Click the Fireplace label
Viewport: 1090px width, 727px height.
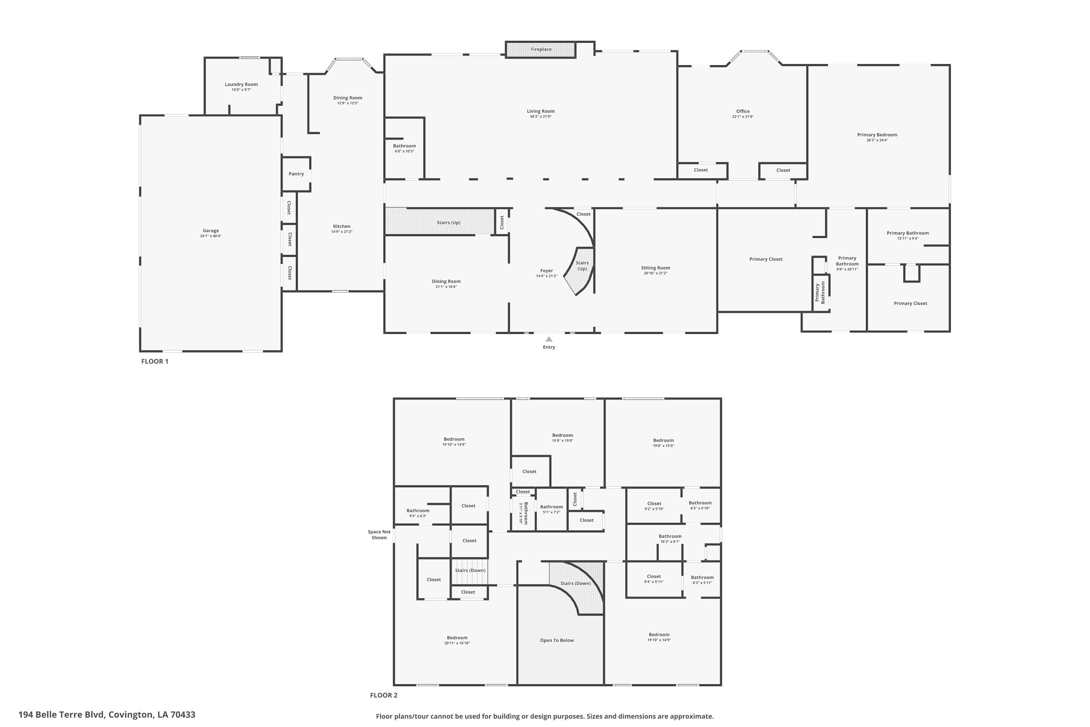(x=541, y=49)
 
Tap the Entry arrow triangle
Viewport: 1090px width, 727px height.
(x=549, y=339)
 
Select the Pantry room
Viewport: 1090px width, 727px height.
(x=296, y=174)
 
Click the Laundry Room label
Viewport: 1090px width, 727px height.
(x=241, y=84)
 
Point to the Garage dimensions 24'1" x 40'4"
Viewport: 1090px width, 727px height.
(x=211, y=236)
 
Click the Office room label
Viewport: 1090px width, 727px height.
(x=743, y=111)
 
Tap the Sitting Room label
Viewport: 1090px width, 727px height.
(x=655, y=268)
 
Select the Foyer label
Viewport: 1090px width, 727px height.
(x=546, y=271)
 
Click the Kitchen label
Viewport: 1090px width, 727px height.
(x=342, y=226)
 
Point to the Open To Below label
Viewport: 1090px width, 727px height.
(x=557, y=640)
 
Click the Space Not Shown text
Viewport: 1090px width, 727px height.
(x=379, y=535)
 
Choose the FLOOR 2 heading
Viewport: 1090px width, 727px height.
(x=384, y=695)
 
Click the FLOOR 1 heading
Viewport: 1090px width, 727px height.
(x=155, y=361)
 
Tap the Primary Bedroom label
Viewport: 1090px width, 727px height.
(x=877, y=135)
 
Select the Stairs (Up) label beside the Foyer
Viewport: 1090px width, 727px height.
(x=582, y=266)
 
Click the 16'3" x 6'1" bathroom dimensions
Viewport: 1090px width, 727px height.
(x=670, y=542)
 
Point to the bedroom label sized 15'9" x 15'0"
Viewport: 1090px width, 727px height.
(x=562, y=435)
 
